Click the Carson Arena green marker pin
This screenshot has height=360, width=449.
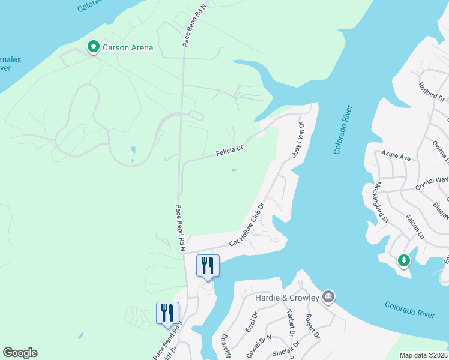tap(94, 46)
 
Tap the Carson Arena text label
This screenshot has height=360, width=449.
tap(128, 47)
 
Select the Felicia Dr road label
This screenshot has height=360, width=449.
tap(229, 151)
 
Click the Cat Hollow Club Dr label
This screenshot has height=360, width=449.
tap(247, 226)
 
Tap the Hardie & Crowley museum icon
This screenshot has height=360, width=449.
tap(328, 296)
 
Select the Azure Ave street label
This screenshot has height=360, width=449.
tap(396, 157)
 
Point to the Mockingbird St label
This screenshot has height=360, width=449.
tap(382, 200)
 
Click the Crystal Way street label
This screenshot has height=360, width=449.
tap(433, 184)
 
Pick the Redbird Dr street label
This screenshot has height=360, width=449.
tap(432, 92)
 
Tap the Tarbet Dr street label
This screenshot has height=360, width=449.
tap(290, 323)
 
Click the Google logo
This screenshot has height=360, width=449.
tap(20, 353)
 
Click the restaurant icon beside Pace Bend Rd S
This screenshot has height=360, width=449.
tap(167, 313)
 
